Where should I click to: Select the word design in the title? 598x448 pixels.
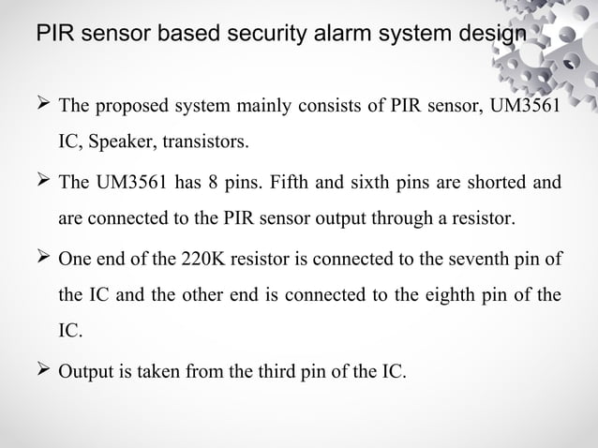[484, 35]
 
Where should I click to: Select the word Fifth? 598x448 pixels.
[293, 183]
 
